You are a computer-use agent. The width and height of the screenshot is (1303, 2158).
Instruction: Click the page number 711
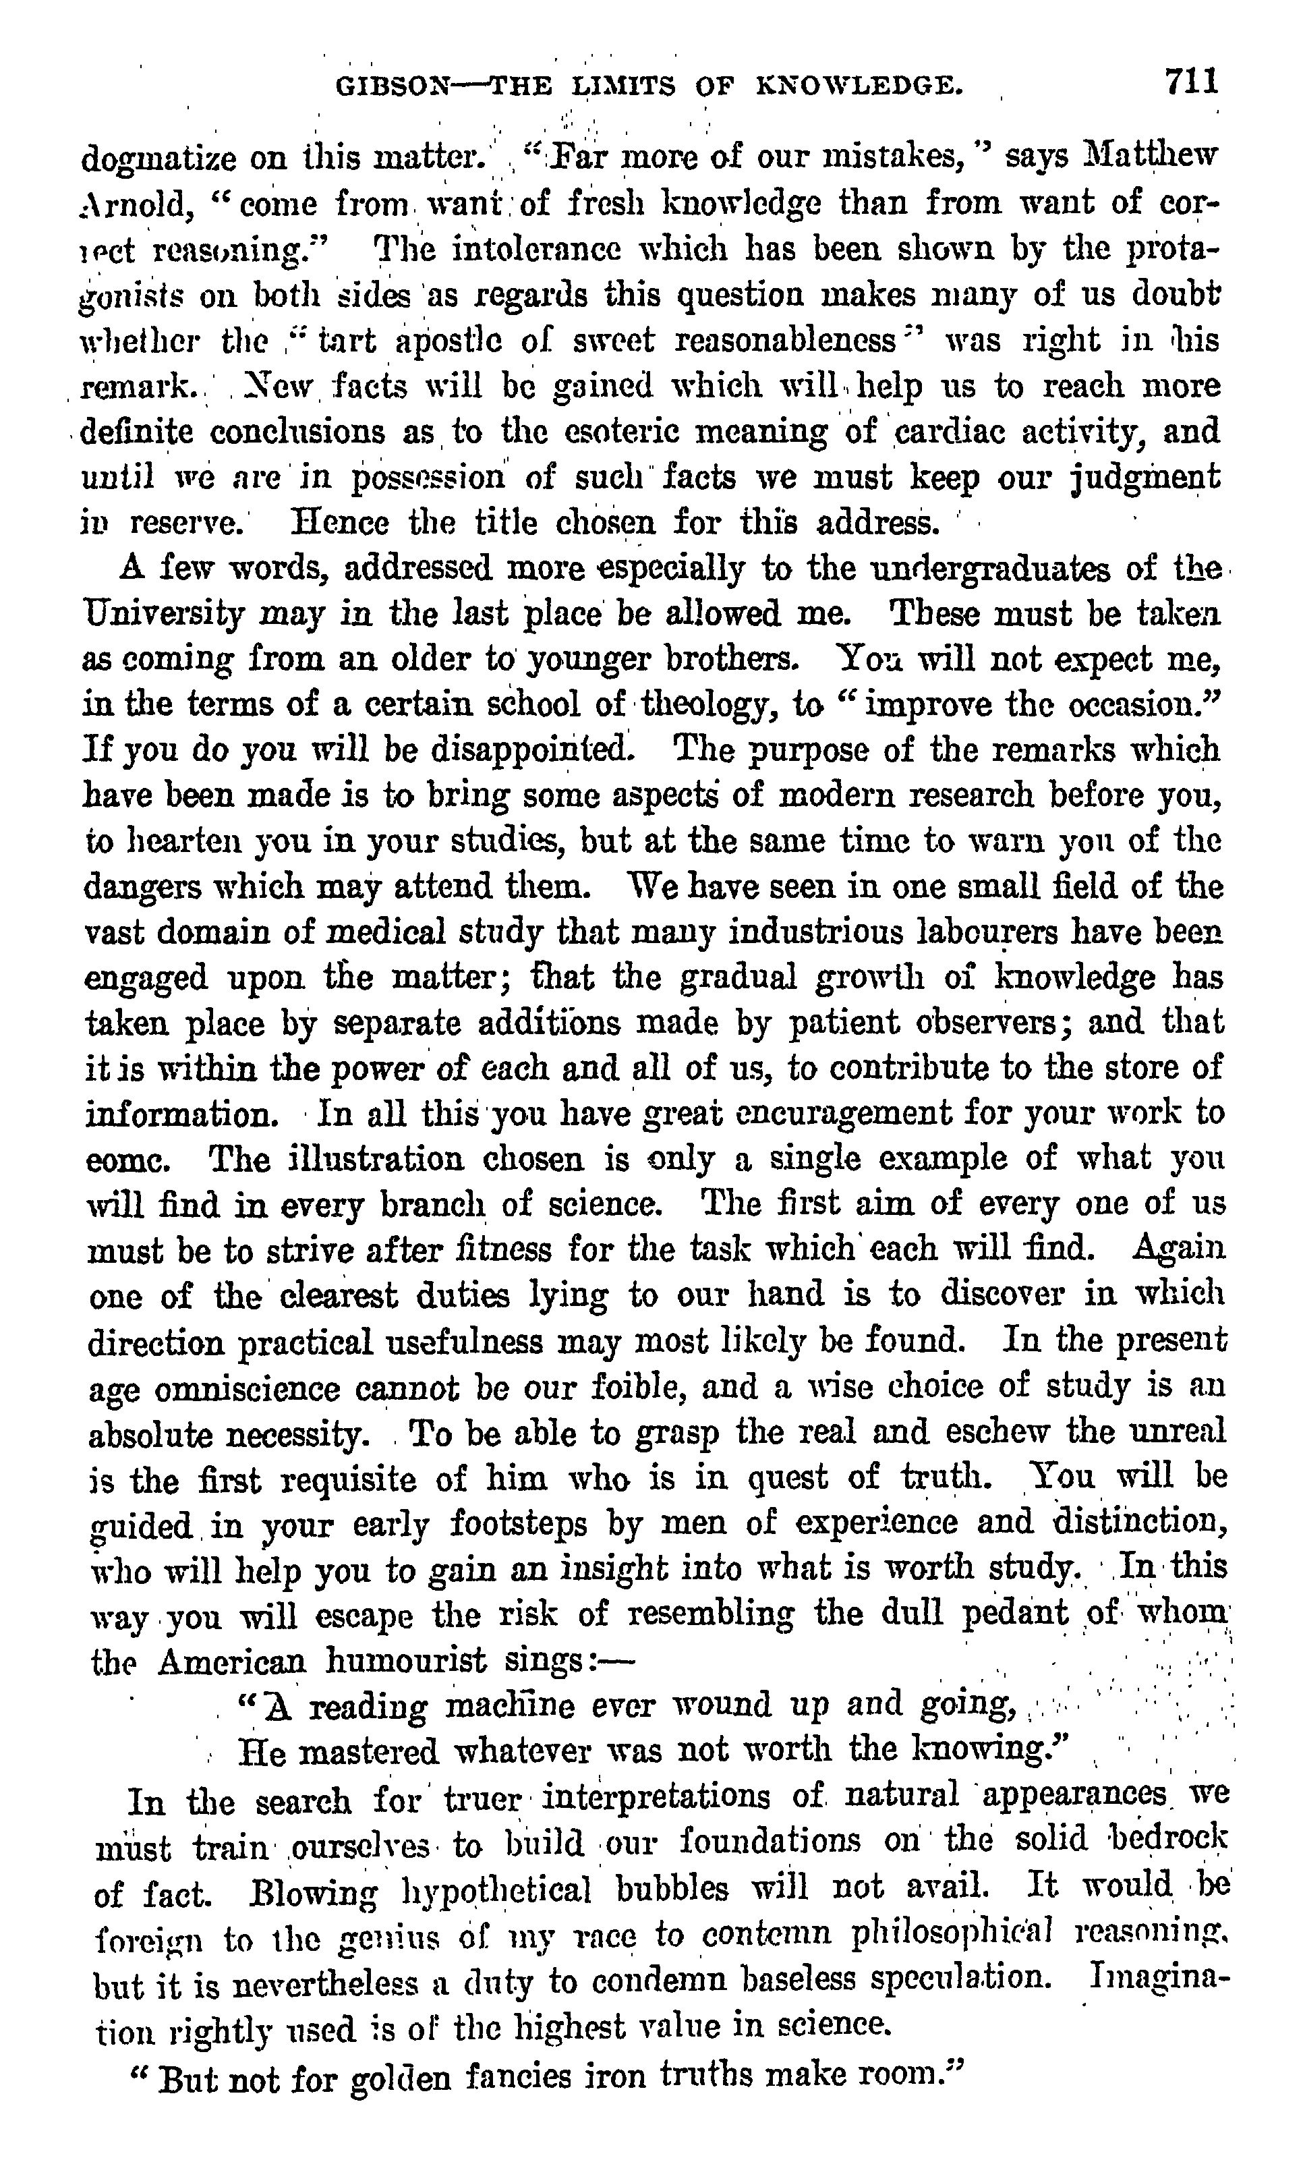1191,82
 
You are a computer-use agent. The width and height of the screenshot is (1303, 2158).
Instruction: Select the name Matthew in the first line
1138,156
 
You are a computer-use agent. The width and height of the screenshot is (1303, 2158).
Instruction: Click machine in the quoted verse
510,1706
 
